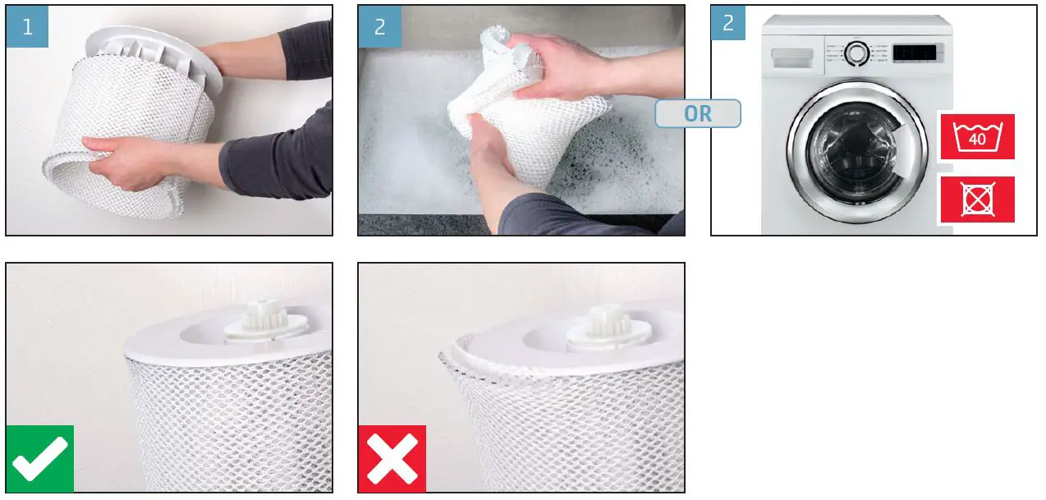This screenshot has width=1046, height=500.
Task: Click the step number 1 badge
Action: [x=27, y=26]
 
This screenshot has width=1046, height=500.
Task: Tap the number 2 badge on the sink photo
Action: [x=379, y=26]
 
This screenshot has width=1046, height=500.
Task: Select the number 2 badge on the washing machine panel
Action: [x=728, y=23]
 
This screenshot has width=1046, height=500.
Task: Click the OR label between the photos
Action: [x=698, y=113]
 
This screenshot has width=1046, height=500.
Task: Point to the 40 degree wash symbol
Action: [x=977, y=136]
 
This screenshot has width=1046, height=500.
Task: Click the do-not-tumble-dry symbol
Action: [x=977, y=199]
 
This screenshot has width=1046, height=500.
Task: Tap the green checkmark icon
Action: [x=39, y=458]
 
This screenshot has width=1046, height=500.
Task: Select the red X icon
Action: [x=392, y=458]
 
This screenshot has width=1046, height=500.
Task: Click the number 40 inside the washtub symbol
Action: [x=977, y=139]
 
